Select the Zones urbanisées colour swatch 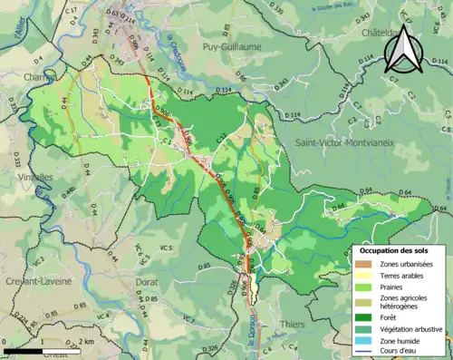365,263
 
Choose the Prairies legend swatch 365,286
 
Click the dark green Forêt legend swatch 365,316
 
